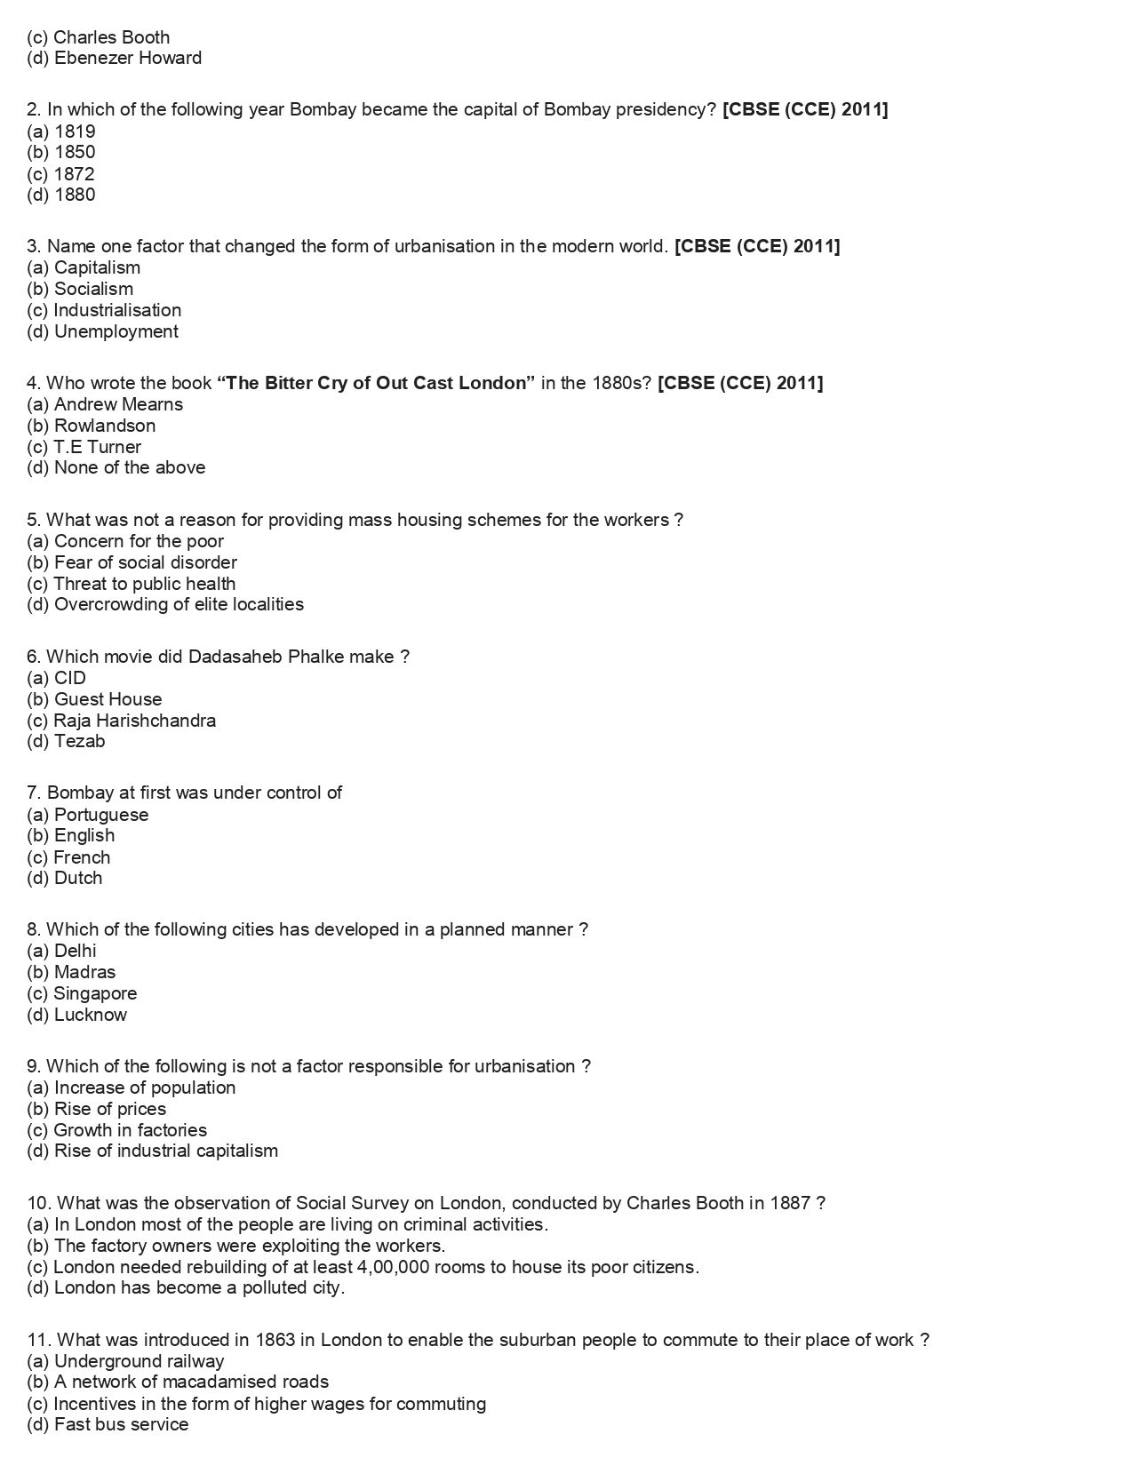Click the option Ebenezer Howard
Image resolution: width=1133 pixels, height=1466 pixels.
pyautogui.click(x=115, y=59)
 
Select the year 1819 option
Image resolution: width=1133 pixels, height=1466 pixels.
pyautogui.click(x=61, y=131)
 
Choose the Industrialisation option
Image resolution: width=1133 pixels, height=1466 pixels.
pyautogui.click(x=104, y=310)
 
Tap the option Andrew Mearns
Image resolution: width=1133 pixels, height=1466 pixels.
pyautogui.click(x=105, y=404)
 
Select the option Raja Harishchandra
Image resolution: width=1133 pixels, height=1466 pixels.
pyautogui.click(x=122, y=721)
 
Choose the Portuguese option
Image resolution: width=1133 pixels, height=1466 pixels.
pyautogui.click(x=88, y=815)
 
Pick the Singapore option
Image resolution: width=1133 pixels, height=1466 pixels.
pyautogui.click(x=82, y=993)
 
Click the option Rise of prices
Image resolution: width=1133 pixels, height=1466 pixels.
pyautogui.click(x=97, y=1109)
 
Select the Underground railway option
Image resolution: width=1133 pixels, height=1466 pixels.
pyautogui.click(x=125, y=1361)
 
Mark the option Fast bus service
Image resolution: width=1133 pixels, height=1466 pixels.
pyautogui.click(x=108, y=1424)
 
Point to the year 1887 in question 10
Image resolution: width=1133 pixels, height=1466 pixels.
pyautogui.click(x=791, y=1203)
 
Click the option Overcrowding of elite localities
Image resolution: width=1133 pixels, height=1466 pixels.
pyautogui.click(x=165, y=604)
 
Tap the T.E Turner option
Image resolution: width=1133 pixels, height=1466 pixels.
pyautogui.click(x=84, y=447)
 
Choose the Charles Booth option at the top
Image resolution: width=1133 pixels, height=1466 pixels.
pyautogui.click(x=99, y=37)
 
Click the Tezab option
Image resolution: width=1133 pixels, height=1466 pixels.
pyautogui.click(x=67, y=741)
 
